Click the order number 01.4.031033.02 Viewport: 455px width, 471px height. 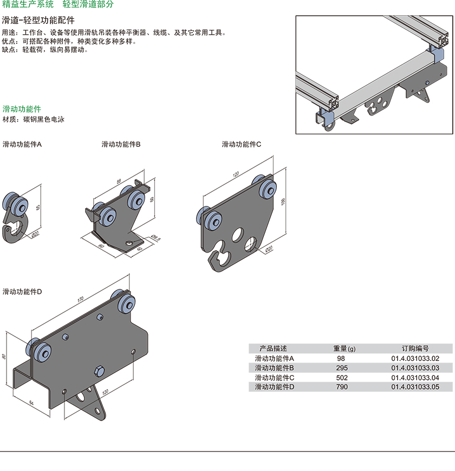pyautogui.click(x=414, y=358)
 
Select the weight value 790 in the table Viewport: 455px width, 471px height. pyautogui.click(x=341, y=387)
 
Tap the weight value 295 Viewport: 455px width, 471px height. pyautogui.click(x=341, y=368)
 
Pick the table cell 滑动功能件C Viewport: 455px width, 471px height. pyautogui.click(x=275, y=377)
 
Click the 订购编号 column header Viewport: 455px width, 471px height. pyautogui.click(x=414, y=349)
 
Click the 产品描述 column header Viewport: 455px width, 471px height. pyautogui.click(x=274, y=349)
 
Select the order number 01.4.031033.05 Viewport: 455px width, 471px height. pyautogui.click(x=414, y=387)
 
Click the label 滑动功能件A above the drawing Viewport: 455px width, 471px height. pyautogui.click(x=22, y=145)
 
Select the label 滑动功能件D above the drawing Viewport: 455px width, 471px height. pyautogui.click(x=22, y=292)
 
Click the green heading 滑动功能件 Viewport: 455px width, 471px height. pyautogui.click(x=22, y=109)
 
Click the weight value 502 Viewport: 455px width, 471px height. pyautogui.click(x=341, y=377)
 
